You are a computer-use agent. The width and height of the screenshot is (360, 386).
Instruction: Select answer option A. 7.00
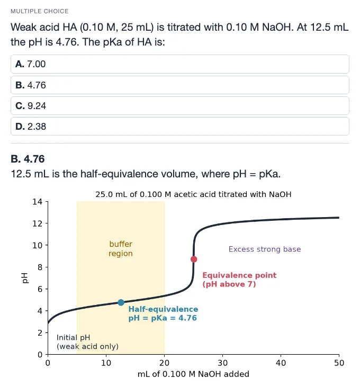[180, 64]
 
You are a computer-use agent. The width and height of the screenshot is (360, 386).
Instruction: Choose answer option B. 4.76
[180, 85]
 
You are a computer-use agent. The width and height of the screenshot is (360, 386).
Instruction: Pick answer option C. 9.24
[180, 105]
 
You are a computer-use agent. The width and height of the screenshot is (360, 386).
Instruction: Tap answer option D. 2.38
[180, 127]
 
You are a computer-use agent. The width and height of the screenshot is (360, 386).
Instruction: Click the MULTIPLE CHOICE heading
[40, 11]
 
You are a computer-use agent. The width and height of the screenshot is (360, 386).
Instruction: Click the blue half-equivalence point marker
[121, 302]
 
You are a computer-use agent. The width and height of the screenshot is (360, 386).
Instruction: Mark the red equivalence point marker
[194, 259]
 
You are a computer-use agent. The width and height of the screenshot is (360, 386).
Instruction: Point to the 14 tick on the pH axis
[46, 202]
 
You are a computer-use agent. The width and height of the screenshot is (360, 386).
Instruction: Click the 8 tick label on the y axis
[40, 267]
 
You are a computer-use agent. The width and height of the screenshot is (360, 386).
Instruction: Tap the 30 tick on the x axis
[222, 356]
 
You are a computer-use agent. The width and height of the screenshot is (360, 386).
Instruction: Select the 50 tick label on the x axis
[339, 363]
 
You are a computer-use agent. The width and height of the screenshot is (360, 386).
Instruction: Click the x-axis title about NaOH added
[193, 374]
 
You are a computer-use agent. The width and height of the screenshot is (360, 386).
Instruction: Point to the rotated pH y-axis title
[24, 278]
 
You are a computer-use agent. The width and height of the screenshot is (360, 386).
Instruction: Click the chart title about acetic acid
[193, 194]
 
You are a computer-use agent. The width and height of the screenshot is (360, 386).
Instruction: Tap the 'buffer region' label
[121, 249]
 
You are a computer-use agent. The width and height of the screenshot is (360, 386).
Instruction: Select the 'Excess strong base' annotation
[265, 249]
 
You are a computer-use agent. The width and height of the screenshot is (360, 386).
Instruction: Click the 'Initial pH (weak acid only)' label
[87, 342]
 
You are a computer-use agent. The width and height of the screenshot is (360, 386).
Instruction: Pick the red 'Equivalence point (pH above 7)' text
[239, 280]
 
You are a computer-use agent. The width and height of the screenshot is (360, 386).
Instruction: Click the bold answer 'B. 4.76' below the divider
[28, 159]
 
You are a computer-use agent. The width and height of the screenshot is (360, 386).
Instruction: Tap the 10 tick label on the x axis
[106, 363]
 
